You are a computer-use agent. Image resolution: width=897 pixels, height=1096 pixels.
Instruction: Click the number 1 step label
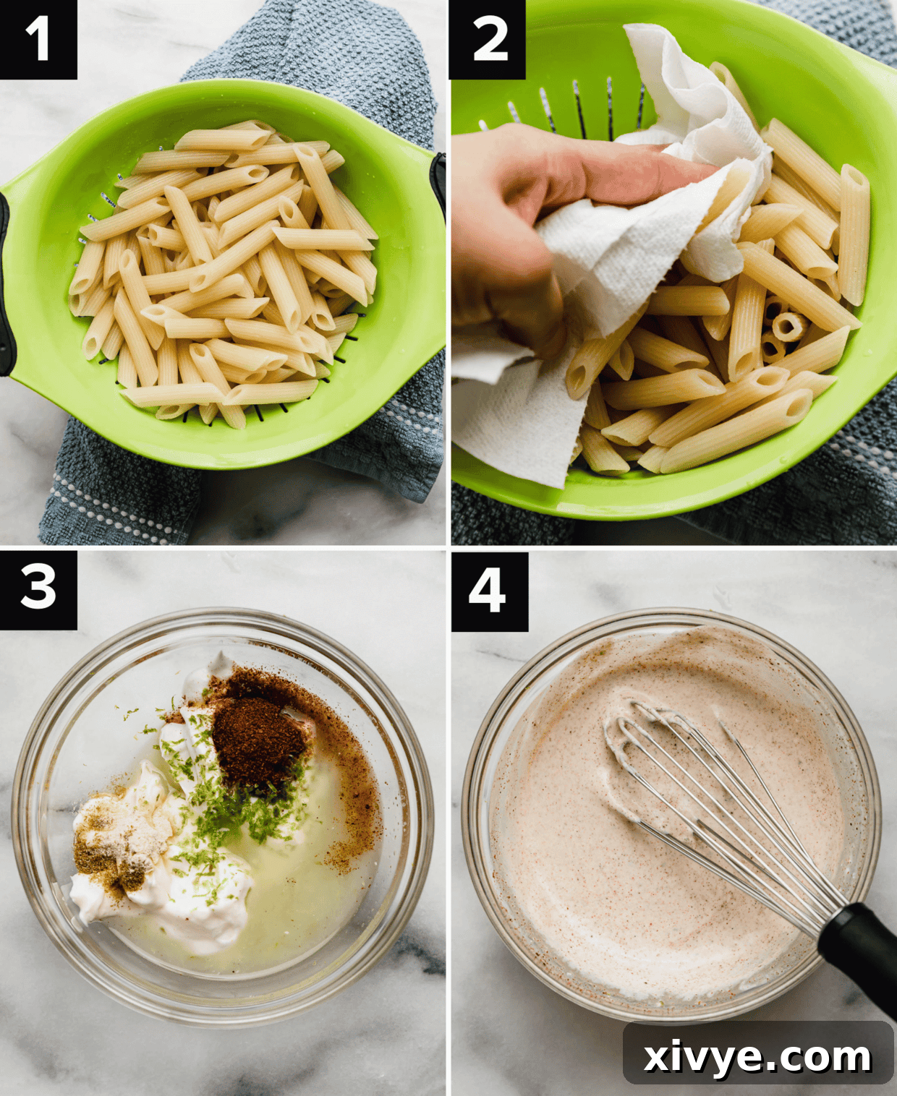[x=38, y=39]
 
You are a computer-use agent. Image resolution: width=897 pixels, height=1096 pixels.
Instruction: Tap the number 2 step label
[x=488, y=39]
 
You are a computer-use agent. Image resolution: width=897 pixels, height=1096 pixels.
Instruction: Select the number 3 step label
[x=38, y=588]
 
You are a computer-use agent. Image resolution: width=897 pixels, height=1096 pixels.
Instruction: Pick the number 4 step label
[x=489, y=590]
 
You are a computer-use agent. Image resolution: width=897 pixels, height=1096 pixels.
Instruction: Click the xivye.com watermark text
[x=757, y=1057]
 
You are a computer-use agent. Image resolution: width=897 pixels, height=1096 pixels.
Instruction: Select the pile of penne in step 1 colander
[x=224, y=275]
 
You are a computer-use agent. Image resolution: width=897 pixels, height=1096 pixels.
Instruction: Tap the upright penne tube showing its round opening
[x=788, y=326]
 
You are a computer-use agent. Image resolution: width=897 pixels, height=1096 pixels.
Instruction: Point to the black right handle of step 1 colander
[x=439, y=181]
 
